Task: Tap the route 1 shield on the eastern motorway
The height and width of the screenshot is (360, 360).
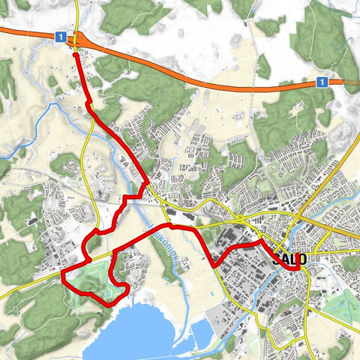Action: (x=321, y=81)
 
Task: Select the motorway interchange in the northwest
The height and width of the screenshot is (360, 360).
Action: (x=78, y=37)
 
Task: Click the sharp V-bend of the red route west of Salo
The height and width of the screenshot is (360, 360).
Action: (x=215, y=265)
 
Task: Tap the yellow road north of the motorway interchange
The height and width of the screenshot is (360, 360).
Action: (x=77, y=11)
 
